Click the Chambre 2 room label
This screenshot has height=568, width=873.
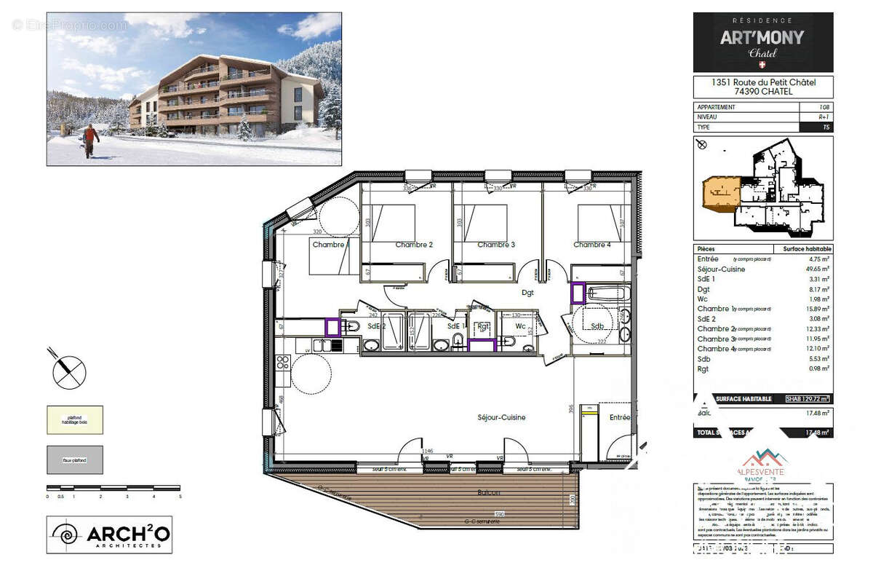(x=414, y=245)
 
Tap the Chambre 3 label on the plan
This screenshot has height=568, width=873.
(x=496, y=245)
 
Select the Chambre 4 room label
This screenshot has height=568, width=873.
(x=592, y=245)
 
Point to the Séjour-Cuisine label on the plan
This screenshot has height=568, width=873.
(x=501, y=417)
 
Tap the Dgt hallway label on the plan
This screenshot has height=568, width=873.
(x=527, y=293)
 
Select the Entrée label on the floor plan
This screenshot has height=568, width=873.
(x=620, y=417)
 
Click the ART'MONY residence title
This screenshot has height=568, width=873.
(x=762, y=37)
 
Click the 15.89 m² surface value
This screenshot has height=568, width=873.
(x=818, y=309)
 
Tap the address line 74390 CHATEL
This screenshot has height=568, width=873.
(x=762, y=92)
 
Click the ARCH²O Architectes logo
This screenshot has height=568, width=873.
(x=109, y=535)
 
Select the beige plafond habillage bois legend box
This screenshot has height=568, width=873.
(x=75, y=420)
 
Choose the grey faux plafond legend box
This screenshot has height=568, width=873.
(x=75, y=459)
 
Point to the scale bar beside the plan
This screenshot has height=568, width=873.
(x=113, y=488)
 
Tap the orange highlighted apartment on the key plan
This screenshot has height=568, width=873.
(x=720, y=193)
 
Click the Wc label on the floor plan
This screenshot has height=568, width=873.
(x=520, y=326)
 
